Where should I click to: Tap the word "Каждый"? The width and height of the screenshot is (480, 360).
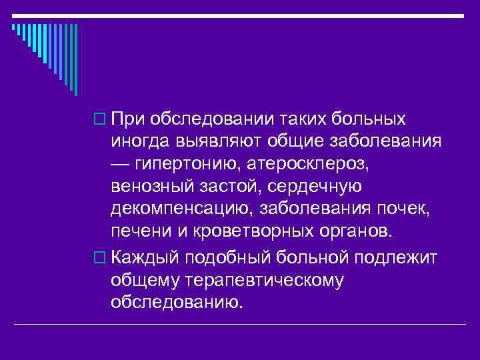145,257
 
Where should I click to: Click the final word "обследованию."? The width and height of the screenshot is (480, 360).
177,303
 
